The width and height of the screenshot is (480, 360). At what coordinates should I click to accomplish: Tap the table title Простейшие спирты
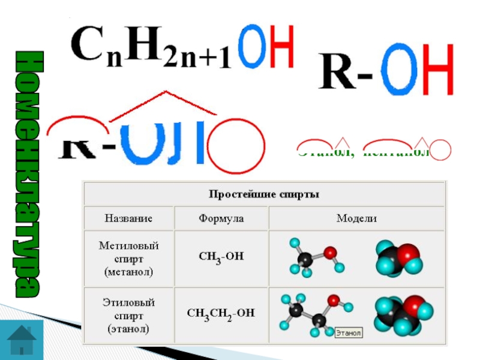263,194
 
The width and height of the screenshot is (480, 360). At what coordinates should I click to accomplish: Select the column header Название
128,219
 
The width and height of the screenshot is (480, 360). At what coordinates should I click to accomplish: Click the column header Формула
221,219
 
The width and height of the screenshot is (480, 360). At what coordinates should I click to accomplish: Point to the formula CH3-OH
221,257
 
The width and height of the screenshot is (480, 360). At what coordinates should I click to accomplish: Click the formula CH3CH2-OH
221,312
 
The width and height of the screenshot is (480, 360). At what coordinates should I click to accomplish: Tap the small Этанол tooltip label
347,332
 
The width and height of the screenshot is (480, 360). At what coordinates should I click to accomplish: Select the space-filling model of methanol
397,259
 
